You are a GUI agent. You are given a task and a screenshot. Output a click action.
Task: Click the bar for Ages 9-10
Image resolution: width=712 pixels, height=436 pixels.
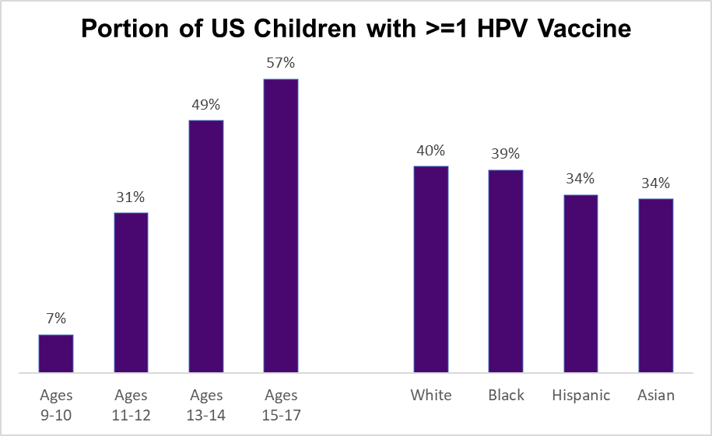[56, 354]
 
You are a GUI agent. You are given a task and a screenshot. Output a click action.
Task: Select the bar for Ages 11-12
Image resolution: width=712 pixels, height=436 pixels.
[131, 292]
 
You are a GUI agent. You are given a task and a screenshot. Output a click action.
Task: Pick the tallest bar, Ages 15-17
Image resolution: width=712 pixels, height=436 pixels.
[281, 225]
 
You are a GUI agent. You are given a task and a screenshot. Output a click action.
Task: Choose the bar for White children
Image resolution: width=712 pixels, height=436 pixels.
[430, 269]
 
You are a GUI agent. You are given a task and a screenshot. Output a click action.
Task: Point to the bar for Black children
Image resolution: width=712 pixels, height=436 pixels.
[506, 271]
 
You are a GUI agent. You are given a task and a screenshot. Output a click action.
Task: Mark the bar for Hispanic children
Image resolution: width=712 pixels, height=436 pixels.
[580, 284]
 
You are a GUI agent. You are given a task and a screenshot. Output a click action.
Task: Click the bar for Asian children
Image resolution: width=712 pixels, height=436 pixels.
[655, 285]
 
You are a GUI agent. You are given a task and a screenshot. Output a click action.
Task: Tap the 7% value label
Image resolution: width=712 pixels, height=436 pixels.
[56, 318]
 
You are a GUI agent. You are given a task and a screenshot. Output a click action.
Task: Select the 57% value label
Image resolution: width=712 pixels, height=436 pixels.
[281, 62]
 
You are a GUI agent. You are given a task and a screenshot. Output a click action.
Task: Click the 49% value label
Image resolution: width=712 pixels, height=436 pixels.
[206, 103]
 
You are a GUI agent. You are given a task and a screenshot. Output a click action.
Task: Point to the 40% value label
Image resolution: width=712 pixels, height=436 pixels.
[430, 149]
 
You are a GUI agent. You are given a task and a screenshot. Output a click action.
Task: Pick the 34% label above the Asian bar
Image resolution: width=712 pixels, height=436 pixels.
[655, 183]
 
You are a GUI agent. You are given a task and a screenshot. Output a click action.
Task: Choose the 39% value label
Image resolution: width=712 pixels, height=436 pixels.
[506, 154]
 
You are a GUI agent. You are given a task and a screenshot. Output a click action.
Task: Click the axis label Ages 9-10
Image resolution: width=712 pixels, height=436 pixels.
[56, 405]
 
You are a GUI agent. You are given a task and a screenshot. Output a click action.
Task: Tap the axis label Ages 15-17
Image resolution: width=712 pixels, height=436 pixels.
[281, 405]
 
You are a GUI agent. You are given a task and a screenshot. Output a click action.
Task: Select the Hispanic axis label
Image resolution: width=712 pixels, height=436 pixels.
[580, 396]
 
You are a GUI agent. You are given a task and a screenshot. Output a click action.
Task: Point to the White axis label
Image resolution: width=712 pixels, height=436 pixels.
[430, 396]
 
